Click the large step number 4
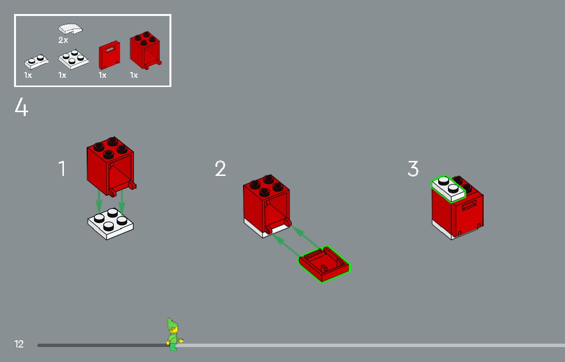point(21,107)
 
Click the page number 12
point(19,344)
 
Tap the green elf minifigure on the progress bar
point(173,334)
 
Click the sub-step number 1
point(62,169)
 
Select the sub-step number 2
point(220,169)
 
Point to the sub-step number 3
point(412,169)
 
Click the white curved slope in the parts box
point(70,29)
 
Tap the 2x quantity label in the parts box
point(63,41)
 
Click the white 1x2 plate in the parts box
point(36,62)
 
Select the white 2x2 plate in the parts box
point(74,58)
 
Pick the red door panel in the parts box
point(109,57)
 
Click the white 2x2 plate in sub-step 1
point(110,223)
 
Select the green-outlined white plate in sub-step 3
point(448,188)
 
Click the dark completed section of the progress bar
point(97,345)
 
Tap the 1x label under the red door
point(102,75)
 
